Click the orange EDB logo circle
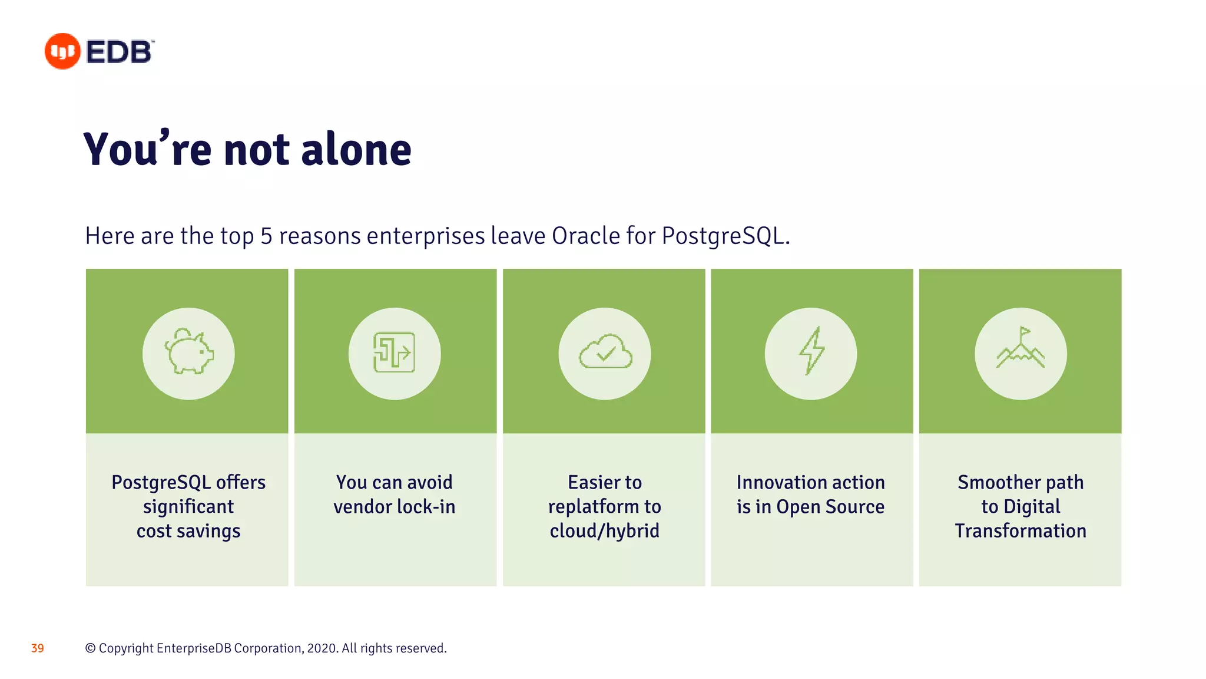pyautogui.click(x=62, y=51)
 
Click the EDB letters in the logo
pyautogui.click(x=120, y=52)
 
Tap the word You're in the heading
pyautogui.click(x=147, y=150)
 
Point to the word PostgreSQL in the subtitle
pyautogui.click(x=723, y=236)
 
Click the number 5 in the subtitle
pyautogui.click(x=266, y=236)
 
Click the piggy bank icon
pyautogui.click(x=188, y=352)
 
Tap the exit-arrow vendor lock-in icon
pyautogui.click(x=394, y=352)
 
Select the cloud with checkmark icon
pyautogui.click(x=605, y=352)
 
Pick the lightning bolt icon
pyautogui.click(x=811, y=351)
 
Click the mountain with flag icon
pyautogui.click(x=1021, y=349)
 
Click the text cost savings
pyautogui.click(x=188, y=531)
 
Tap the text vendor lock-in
pyautogui.click(x=394, y=507)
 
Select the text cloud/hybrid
pyautogui.click(x=604, y=531)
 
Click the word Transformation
pyautogui.click(x=1021, y=531)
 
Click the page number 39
pyautogui.click(x=38, y=648)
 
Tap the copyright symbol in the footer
pyautogui.click(x=90, y=648)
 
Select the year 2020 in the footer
pyautogui.click(x=322, y=648)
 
